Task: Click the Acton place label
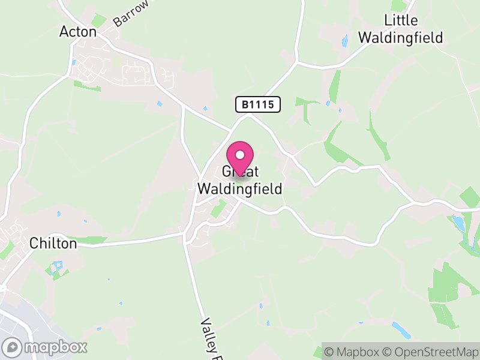click(x=78, y=32)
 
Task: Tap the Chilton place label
click(x=53, y=244)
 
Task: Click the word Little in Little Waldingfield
click(x=401, y=20)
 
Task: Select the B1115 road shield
click(x=257, y=105)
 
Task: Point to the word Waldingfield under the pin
click(x=240, y=188)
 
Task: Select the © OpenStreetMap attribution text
click(x=432, y=351)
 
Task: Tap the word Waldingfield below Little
click(x=401, y=37)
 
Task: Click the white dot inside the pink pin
click(x=241, y=155)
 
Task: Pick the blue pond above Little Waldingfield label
click(x=344, y=41)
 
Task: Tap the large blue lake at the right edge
click(x=459, y=223)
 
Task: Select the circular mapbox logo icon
click(x=13, y=347)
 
